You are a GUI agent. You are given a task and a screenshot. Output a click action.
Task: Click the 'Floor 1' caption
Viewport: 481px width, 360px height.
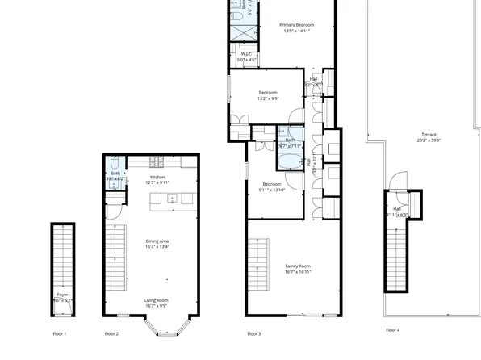click(59, 333)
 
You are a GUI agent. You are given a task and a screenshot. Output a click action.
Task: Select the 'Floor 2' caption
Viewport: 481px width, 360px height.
click(111, 333)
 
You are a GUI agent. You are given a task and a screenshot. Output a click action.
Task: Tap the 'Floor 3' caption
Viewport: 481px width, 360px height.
click(253, 333)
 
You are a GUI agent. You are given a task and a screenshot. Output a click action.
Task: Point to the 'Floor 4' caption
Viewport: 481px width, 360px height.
click(392, 329)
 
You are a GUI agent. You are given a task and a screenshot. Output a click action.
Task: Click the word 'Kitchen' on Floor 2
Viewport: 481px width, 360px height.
click(157, 177)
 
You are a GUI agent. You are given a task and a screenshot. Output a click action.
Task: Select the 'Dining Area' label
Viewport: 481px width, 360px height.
click(157, 241)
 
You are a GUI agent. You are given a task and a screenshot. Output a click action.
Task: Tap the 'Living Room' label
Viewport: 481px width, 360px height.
click(157, 300)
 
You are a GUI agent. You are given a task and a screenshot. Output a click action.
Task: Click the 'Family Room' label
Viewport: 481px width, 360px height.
click(298, 266)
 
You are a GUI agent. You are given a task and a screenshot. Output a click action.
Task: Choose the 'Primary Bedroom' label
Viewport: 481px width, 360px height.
click(296, 25)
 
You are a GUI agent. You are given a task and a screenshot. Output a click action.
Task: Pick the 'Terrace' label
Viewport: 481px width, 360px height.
click(428, 134)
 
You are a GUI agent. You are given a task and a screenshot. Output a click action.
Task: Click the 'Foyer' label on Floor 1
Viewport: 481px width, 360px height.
click(62, 295)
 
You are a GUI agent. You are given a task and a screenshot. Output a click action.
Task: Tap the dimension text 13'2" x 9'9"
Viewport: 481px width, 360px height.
click(268, 98)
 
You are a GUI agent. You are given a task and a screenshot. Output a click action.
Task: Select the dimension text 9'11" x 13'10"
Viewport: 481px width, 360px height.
click(272, 190)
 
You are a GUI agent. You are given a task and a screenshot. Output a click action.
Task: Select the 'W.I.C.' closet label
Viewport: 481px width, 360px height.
click(245, 54)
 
